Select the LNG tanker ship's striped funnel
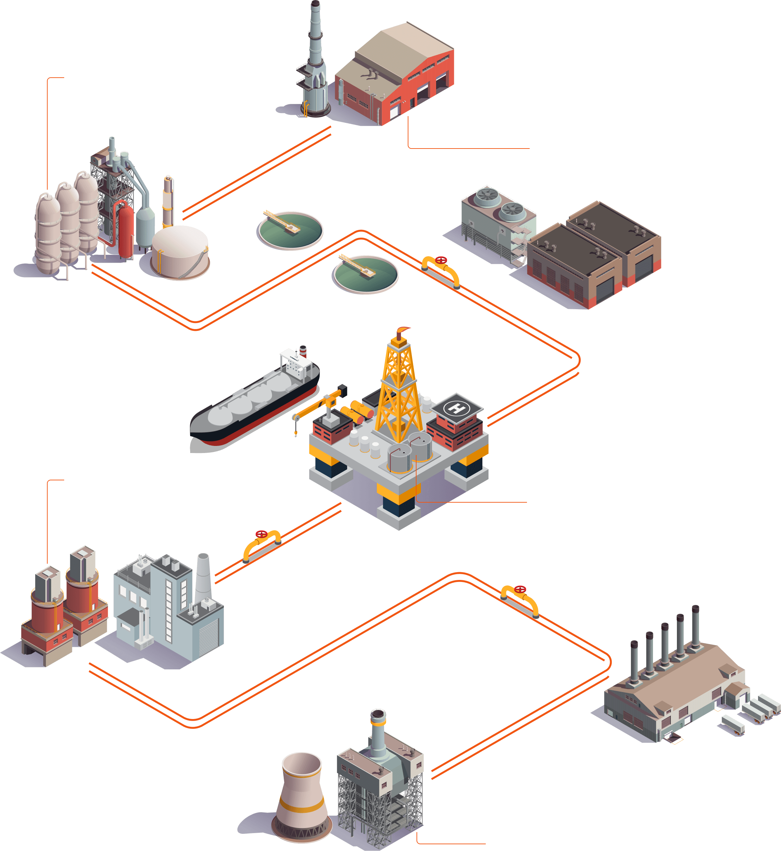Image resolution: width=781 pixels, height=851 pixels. pyautogui.click(x=303, y=350)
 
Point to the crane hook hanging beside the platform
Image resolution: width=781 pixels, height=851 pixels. pyautogui.click(x=296, y=433)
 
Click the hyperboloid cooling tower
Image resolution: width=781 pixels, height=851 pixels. pyautogui.click(x=301, y=794)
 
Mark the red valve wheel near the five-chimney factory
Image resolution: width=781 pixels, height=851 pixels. pyautogui.click(x=520, y=589)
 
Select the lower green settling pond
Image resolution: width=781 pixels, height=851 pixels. pyautogui.click(x=365, y=274)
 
